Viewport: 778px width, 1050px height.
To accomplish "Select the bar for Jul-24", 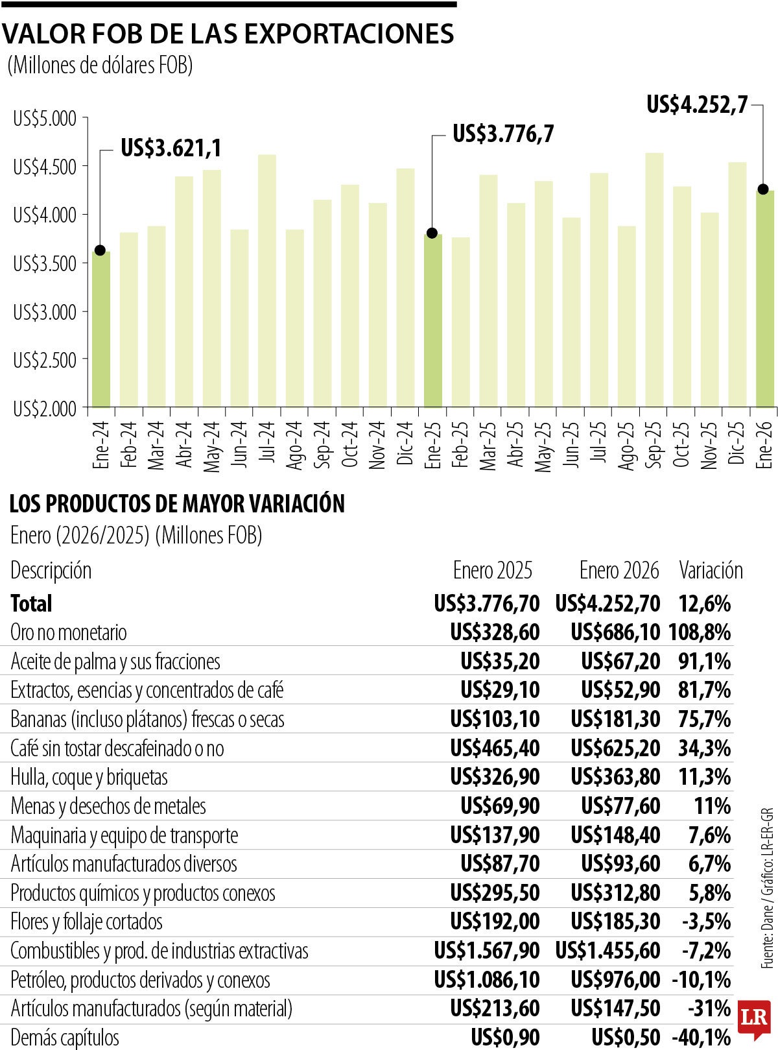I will click(267, 281).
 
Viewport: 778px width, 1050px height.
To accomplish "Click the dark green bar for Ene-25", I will click(433, 320).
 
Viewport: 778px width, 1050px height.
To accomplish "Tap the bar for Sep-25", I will click(654, 280).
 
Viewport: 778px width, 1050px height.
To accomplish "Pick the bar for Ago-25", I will click(626, 316).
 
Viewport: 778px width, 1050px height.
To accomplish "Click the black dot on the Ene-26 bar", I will click(763, 189).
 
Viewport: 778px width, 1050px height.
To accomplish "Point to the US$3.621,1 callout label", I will click(171, 149).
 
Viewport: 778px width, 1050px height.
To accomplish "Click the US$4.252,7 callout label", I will click(697, 104).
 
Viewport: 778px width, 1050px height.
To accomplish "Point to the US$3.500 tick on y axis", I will click(45, 263).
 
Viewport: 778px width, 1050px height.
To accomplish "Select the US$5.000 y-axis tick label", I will click(45, 119).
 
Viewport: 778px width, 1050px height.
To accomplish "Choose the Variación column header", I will click(711, 570).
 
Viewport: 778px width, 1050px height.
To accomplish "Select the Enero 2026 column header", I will click(619, 570).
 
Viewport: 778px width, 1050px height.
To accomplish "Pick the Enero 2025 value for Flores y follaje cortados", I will click(495, 921).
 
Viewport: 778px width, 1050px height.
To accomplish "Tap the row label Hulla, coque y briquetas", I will click(89, 777).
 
